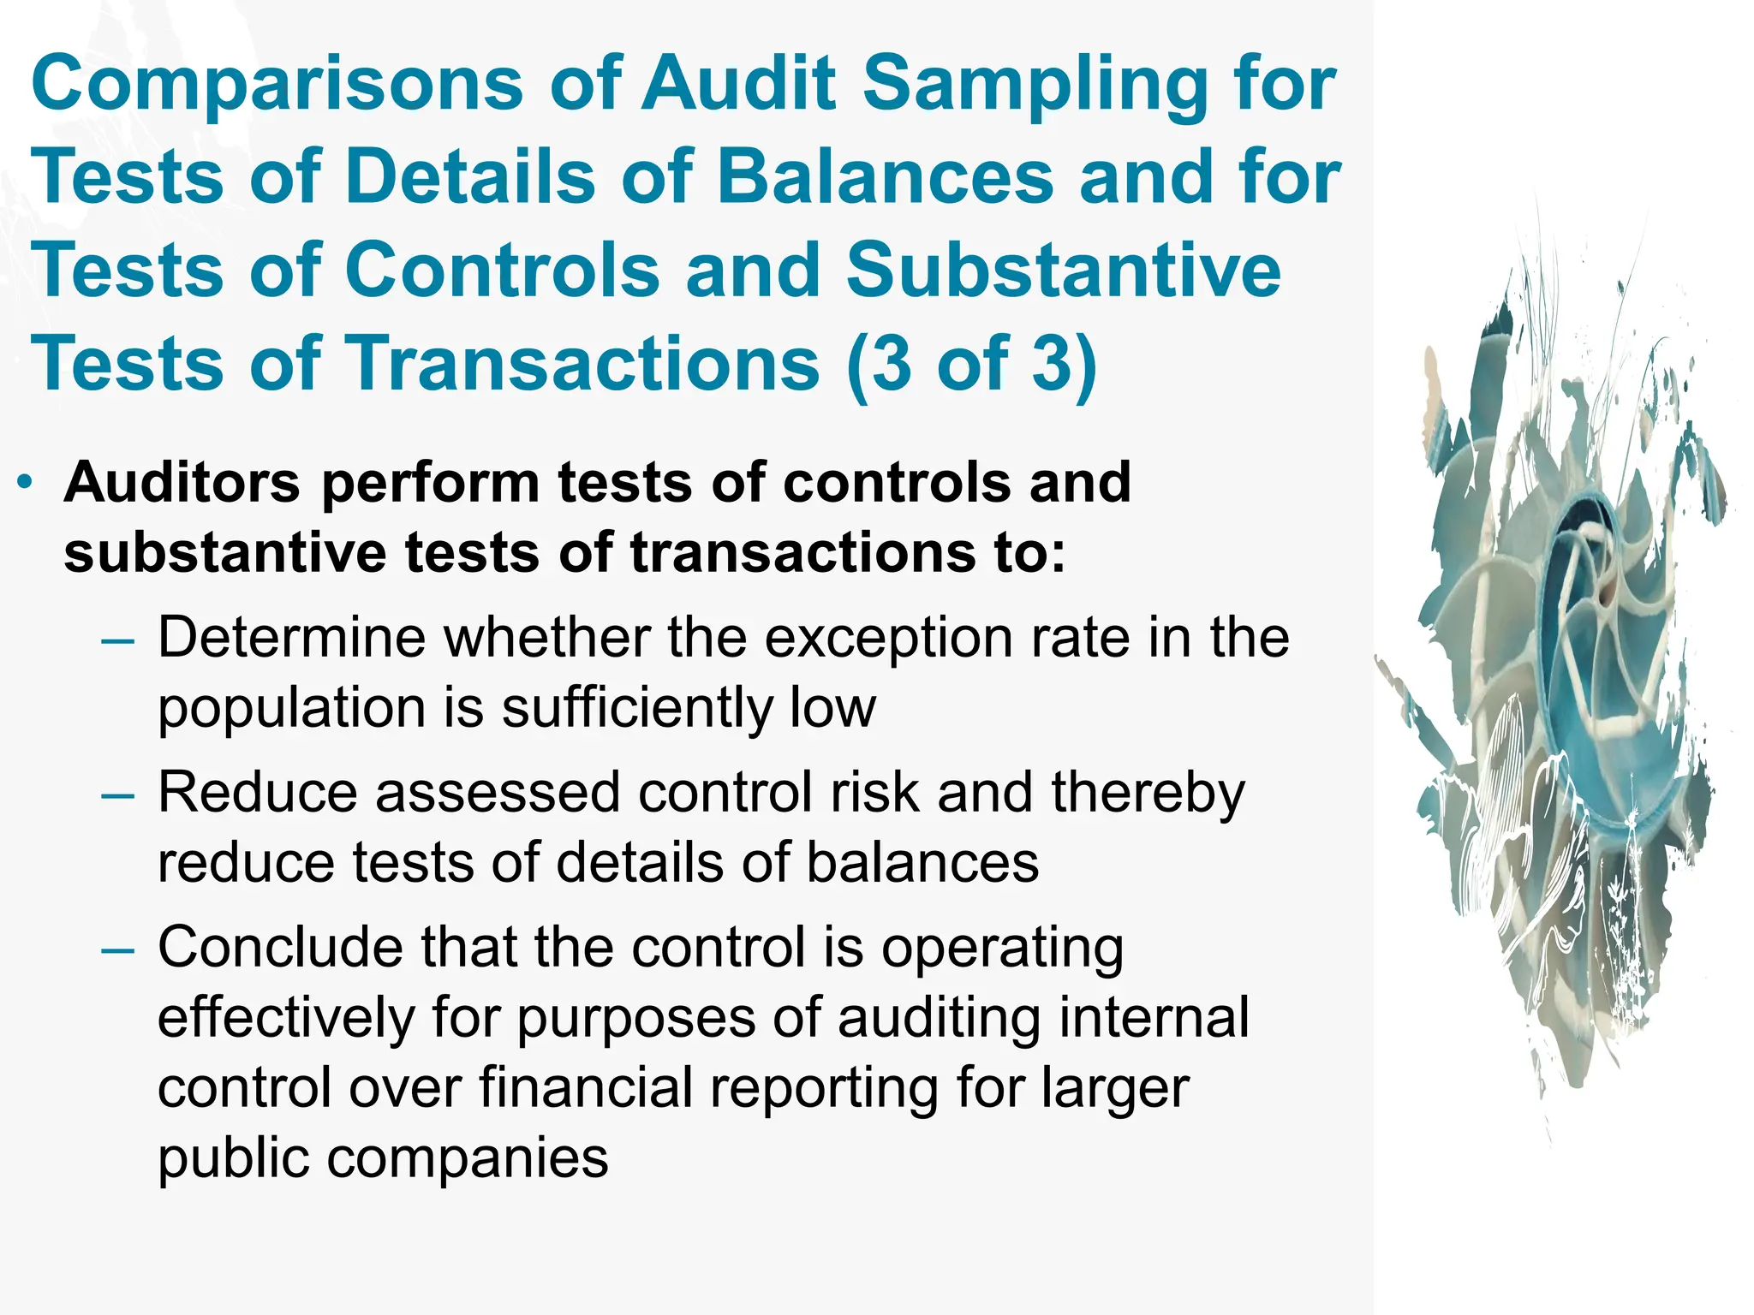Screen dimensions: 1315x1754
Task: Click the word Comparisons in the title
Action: [277, 84]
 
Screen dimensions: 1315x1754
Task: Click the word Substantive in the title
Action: [1063, 270]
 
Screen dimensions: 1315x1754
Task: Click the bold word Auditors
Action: [182, 483]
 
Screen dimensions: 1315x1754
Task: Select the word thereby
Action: [1148, 793]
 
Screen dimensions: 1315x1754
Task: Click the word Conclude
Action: [279, 948]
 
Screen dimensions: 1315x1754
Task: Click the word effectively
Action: [285, 1018]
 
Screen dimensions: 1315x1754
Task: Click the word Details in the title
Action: [469, 177]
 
